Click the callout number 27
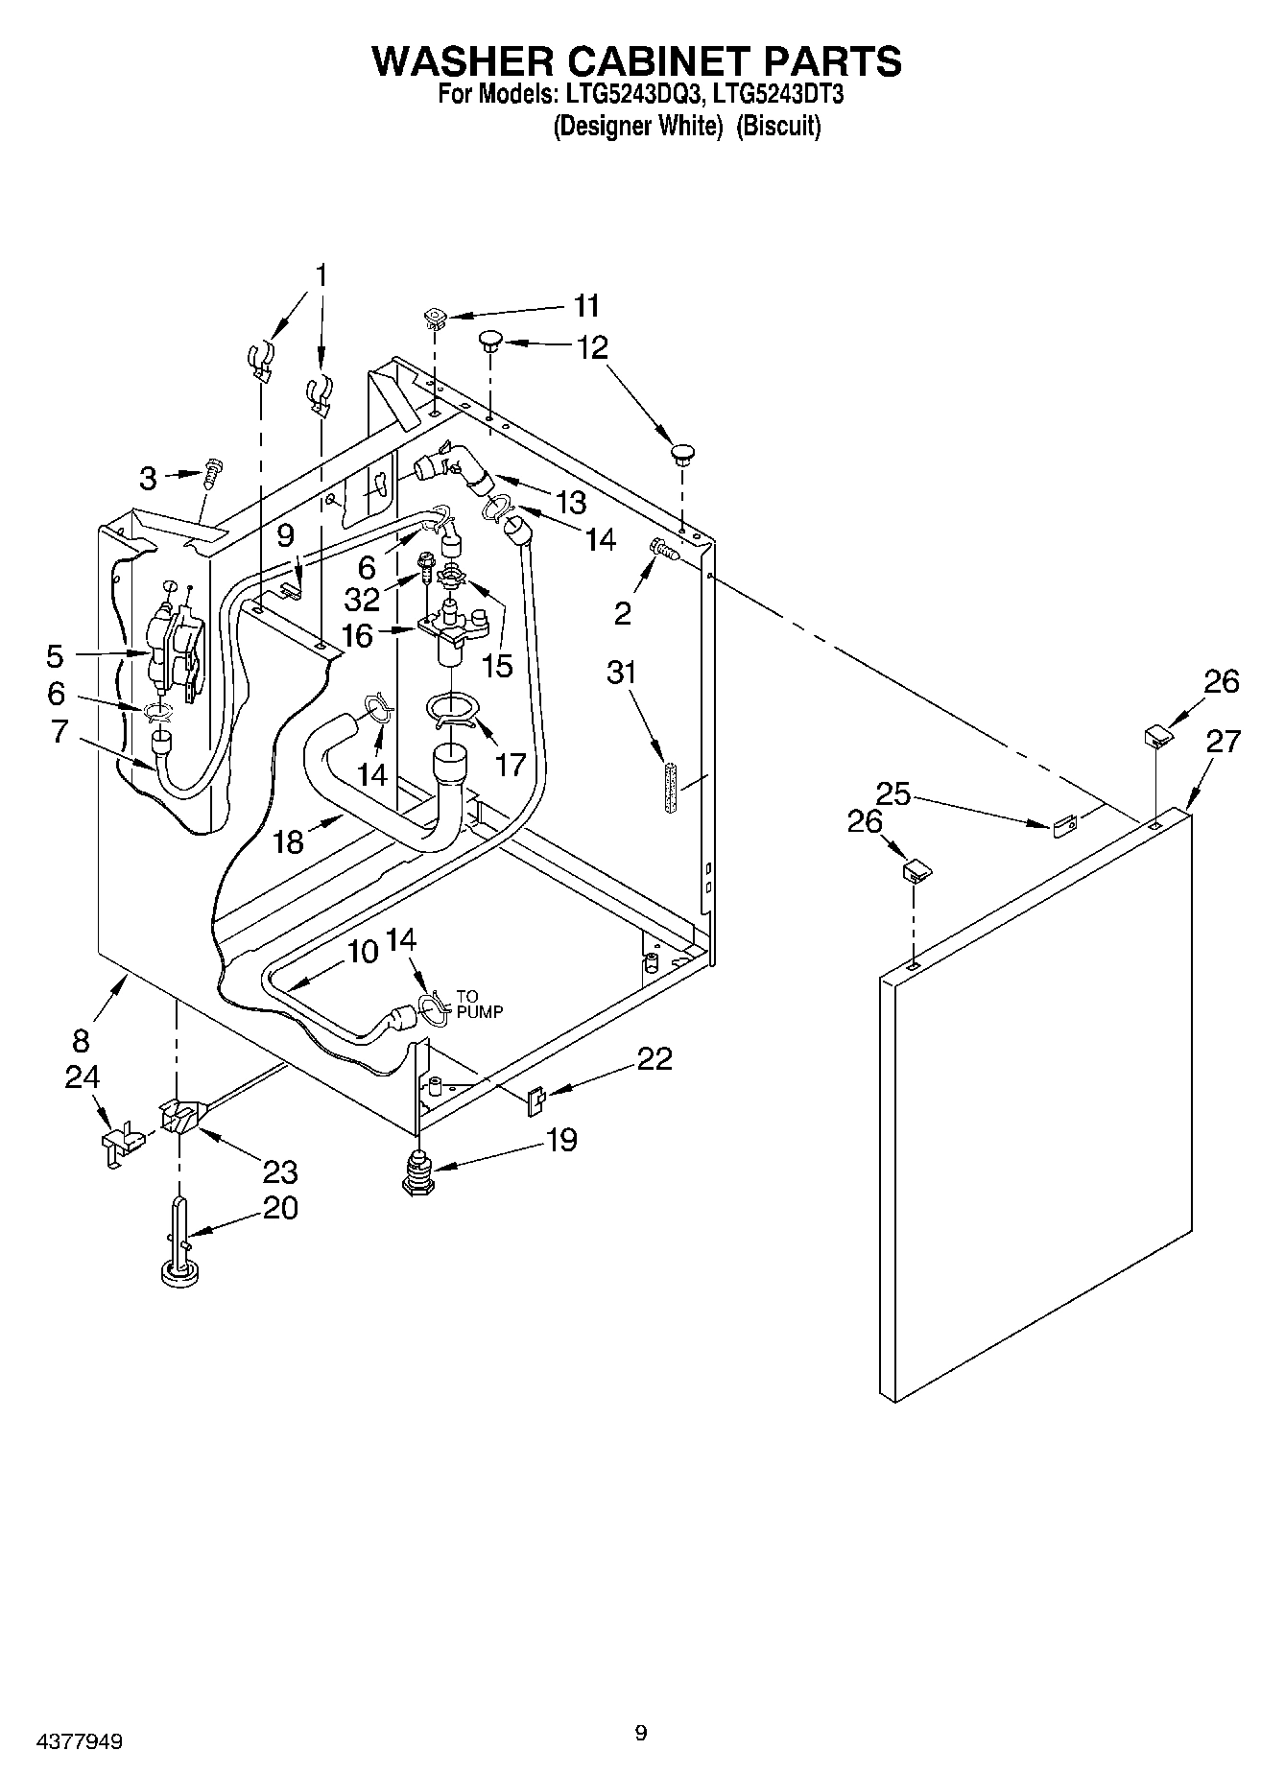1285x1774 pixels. (1224, 742)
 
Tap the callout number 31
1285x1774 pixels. (622, 673)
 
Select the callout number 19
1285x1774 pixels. (561, 1140)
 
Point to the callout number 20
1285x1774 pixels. (280, 1208)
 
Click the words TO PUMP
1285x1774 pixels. (479, 1004)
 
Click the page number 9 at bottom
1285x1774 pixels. (641, 1733)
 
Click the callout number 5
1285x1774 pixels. (55, 657)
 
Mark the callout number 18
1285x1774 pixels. (288, 841)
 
